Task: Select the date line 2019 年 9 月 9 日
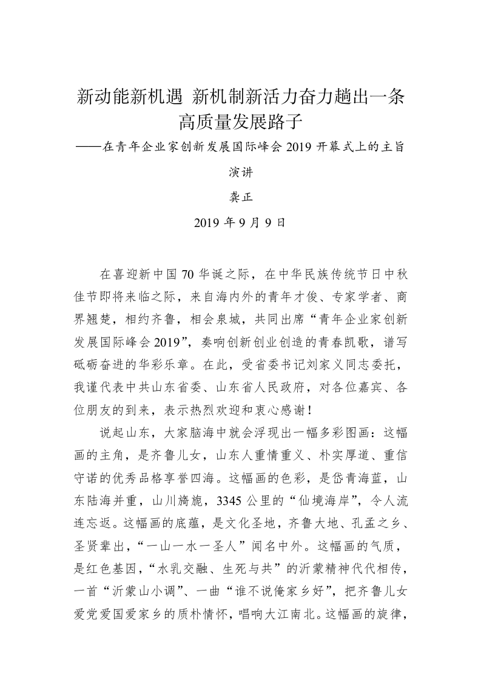[x=240, y=223]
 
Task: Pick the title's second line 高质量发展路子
[x=240, y=123]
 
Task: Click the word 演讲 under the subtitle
[x=240, y=172]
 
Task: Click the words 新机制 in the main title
[x=218, y=97]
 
